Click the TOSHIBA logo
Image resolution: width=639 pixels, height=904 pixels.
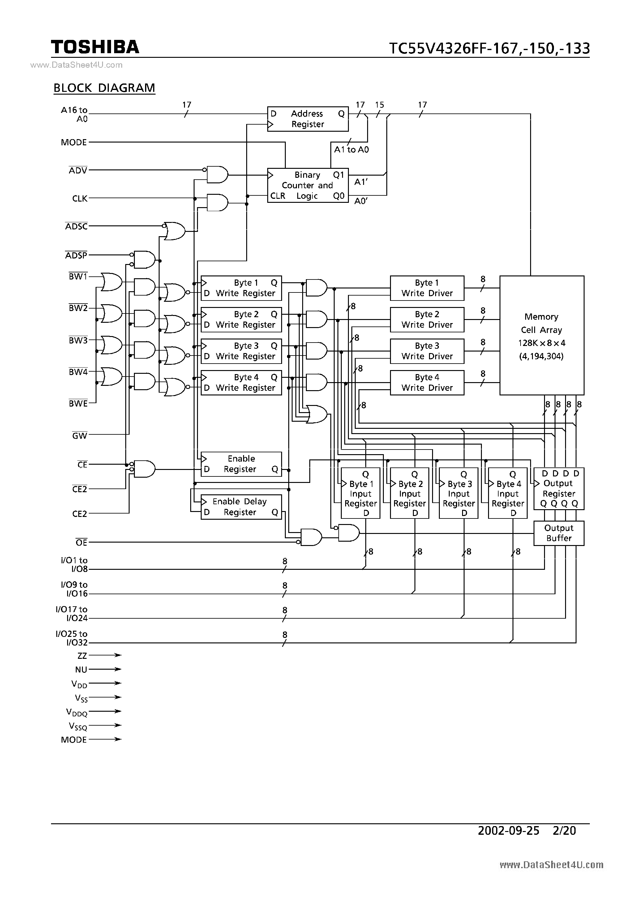tap(95, 47)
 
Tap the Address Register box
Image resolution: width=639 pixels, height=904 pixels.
tap(308, 119)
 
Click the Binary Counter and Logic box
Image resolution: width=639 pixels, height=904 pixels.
tap(308, 185)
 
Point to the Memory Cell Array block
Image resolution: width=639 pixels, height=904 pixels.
tap(541, 335)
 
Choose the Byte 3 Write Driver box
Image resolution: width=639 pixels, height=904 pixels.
tap(427, 351)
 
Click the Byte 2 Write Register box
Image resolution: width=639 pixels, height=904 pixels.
tap(241, 319)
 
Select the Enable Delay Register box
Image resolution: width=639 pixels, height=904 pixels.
tap(241, 507)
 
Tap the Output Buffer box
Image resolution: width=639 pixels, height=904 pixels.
tap(558, 533)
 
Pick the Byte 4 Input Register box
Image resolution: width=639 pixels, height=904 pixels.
tap(508, 493)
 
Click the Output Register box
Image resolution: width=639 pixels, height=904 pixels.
tap(558, 488)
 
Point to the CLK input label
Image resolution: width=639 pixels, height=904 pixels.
tap(79, 198)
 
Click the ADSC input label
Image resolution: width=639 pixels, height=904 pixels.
tap(76, 226)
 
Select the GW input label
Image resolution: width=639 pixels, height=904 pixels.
tap(79, 436)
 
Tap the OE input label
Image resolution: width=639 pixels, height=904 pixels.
tap(81, 543)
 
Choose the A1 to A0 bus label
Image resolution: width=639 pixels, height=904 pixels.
tap(351, 150)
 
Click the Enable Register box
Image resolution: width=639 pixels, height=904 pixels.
tap(241, 464)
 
